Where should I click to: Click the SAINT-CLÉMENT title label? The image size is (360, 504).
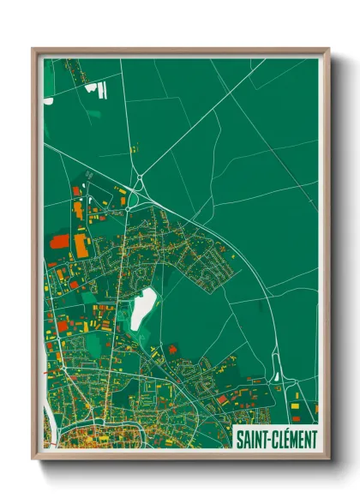(276, 439)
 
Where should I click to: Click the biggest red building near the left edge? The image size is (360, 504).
(59, 242)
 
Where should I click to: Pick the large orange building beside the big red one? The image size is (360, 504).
(81, 247)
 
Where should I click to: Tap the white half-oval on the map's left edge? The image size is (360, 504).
(48, 100)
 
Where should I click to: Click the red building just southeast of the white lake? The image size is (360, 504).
(172, 349)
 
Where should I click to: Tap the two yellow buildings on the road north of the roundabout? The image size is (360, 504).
(134, 148)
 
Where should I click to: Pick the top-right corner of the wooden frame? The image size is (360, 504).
(328, 50)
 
